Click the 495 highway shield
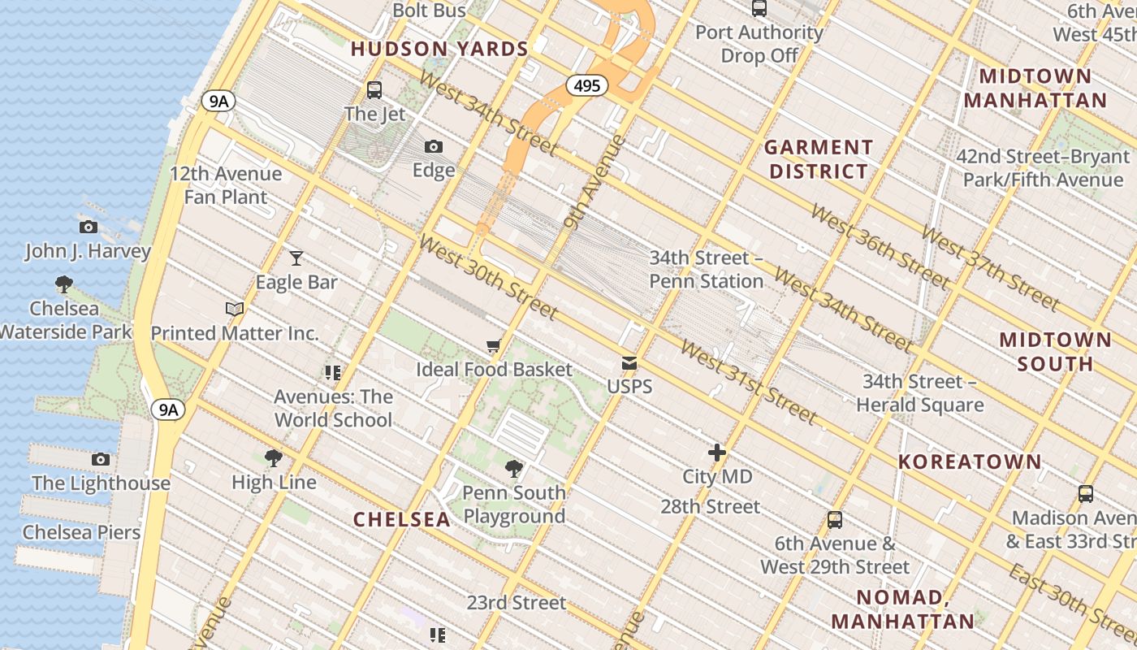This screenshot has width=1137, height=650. (586, 85)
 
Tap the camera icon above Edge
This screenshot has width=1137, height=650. (434, 146)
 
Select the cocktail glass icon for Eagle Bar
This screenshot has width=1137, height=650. (296, 258)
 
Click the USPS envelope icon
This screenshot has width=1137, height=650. (629, 362)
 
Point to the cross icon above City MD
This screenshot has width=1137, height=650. (716, 453)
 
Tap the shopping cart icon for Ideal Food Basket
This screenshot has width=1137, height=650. (493, 346)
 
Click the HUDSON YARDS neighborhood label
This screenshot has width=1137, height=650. (439, 49)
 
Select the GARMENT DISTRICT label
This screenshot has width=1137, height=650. (819, 159)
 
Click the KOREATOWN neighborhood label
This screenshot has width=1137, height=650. (969, 461)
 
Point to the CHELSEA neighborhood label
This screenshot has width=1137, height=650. (401, 519)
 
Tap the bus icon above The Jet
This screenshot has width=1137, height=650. (374, 89)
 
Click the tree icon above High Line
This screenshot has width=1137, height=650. (274, 458)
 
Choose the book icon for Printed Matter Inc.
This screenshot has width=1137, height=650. (235, 309)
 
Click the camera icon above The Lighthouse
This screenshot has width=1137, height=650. (101, 459)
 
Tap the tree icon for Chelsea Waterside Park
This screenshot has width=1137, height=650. (64, 284)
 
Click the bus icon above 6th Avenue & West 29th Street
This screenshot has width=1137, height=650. (835, 520)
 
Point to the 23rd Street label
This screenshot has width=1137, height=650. (516, 602)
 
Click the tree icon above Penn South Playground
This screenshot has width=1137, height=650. (513, 469)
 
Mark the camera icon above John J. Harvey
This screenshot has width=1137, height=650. (89, 227)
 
